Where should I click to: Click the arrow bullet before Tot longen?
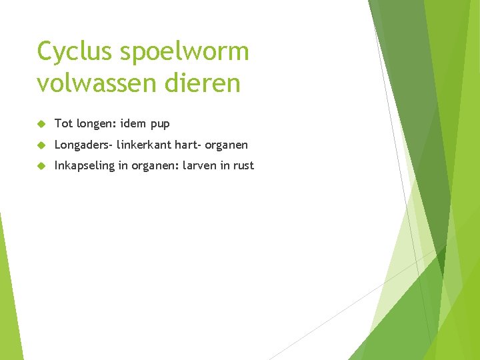click(41, 123)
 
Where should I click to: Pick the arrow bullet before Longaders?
click(41, 145)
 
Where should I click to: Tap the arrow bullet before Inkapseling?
click(41, 166)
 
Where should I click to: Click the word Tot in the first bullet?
click(63, 123)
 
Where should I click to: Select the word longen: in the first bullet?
click(97, 124)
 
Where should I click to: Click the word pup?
click(161, 124)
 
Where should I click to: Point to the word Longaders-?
click(84, 145)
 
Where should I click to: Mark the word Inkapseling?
click(85, 166)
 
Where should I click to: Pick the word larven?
click(199, 166)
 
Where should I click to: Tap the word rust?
click(243, 166)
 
